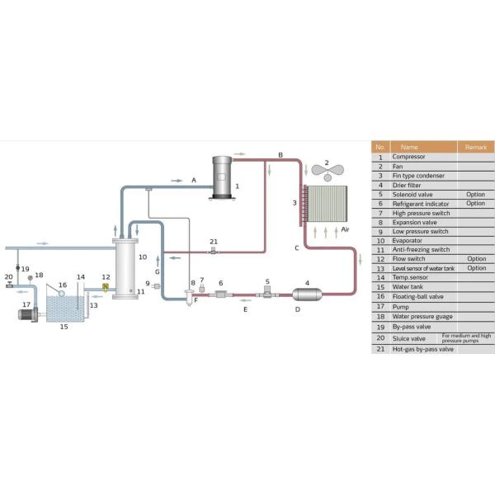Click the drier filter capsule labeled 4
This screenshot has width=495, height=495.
pyautogui.click(x=307, y=294)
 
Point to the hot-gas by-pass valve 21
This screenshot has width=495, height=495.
pyautogui.click(x=213, y=251)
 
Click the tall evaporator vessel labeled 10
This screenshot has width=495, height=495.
pyautogui.click(x=126, y=267)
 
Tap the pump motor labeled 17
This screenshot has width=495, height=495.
pyautogui.click(x=25, y=315)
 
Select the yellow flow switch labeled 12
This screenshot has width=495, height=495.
pyautogui.click(x=106, y=287)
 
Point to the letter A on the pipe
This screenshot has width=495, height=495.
pyautogui.click(x=194, y=179)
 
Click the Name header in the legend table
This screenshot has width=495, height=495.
pyautogui.click(x=409, y=147)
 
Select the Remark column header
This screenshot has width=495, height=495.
pyautogui.click(x=476, y=147)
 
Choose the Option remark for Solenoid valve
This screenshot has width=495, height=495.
pyautogui.click(x=476, y=194)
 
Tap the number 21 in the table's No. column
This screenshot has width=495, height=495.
pyautogui.click(x=380, y=349)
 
